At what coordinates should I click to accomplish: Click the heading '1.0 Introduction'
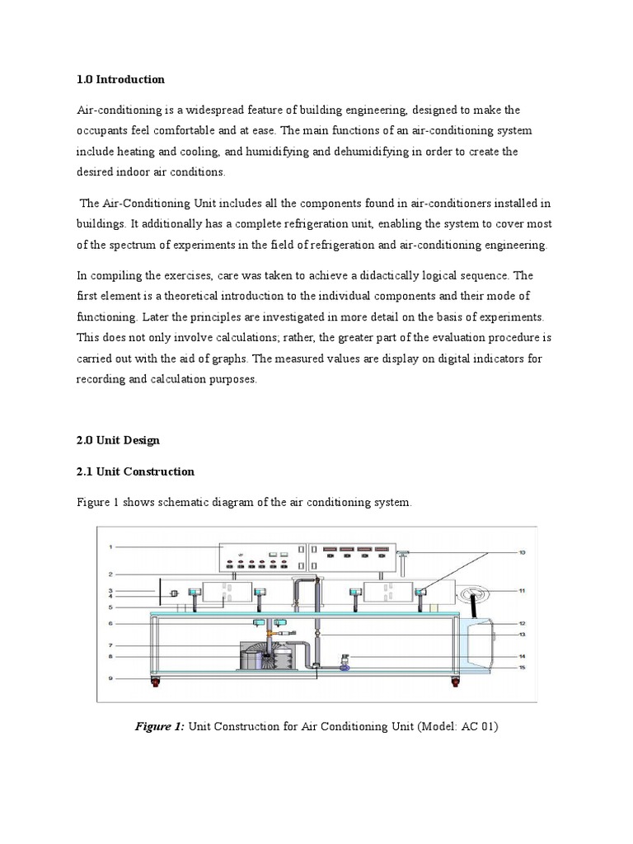pyautogui.click(x=120, y=80)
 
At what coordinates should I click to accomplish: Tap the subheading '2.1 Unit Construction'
pyautogui.click(x=135, y=472)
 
